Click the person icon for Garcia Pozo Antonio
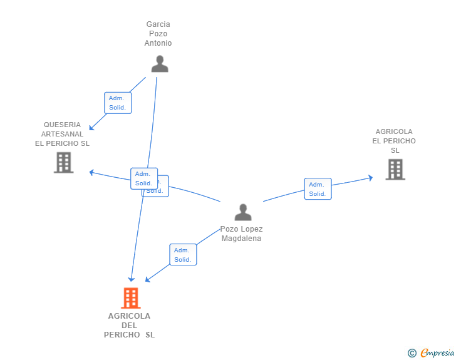tap(160, 64)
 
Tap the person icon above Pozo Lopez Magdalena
tap(243, 212)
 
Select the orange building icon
tap(130, 298)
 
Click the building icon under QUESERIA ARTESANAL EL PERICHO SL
tap(63, 162)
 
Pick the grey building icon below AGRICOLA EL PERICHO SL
tap(395, 169)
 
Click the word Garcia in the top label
tap(158, 24)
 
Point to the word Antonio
tap(158, 43)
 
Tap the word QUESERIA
tap(62, 125)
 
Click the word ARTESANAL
tap(62, 134)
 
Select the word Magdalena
tap(241, 239)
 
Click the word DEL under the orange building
tap(129, 326)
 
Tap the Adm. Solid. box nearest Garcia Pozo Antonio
tap(117, 103)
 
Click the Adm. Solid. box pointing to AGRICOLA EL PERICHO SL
tap(318, 189)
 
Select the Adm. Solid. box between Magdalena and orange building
tap(182, 255)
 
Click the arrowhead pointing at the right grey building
tap(370, 178)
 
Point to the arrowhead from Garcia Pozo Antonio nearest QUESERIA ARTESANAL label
tap(91, 128)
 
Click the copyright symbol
tap(412, 353)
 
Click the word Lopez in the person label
tap(251, 229)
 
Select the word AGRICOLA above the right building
tap(394, 131)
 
